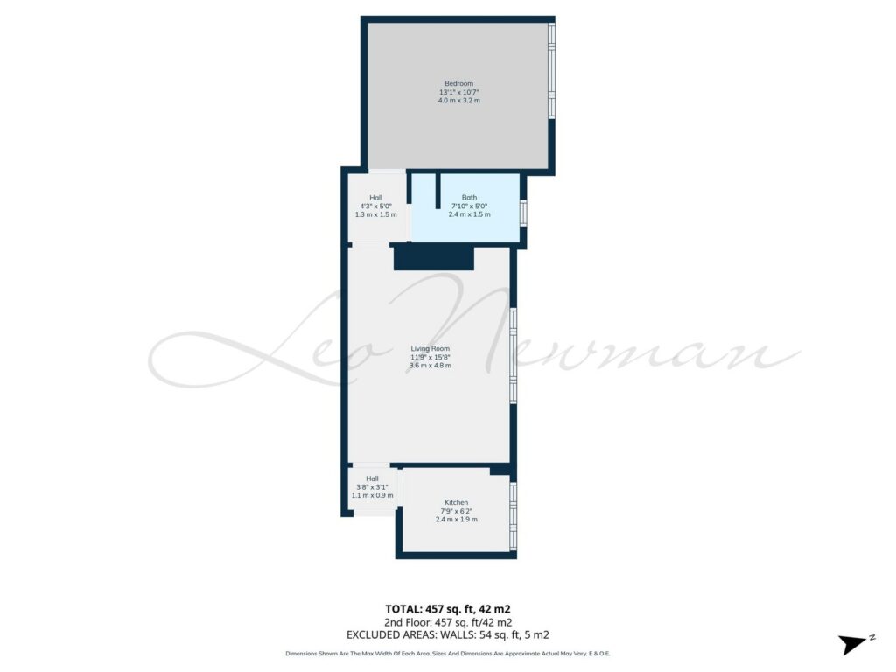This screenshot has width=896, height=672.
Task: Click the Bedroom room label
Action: [x=458, y=83]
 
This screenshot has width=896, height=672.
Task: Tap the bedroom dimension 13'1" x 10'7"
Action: [x=458, y=92]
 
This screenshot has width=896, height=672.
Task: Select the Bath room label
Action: [x=469, y=198]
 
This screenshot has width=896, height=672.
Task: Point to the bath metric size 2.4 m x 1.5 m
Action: [x=469, y=214]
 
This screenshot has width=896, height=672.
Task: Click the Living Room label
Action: [x=430, y=348]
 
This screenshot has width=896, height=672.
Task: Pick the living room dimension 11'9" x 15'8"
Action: [x=430, y=357]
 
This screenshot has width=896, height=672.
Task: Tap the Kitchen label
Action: [x=457, y=503]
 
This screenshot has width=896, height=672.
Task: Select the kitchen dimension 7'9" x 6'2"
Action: [x=457, y=511]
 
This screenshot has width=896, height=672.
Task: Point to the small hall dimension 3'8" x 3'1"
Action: [x=372, y=487]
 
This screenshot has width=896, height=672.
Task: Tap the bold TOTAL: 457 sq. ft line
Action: [x=448, y=609]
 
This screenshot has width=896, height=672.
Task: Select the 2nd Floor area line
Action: [x=448, y=622]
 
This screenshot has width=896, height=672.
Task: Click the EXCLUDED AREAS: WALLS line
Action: [x=448, y=635]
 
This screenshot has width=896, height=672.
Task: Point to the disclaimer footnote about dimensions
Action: [x=448, y=653]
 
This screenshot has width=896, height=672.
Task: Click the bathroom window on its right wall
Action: [x=523, y=211]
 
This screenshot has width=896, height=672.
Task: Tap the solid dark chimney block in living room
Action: [x=434, y=257]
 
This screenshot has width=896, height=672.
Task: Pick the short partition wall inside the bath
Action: [x=437, y=190]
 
